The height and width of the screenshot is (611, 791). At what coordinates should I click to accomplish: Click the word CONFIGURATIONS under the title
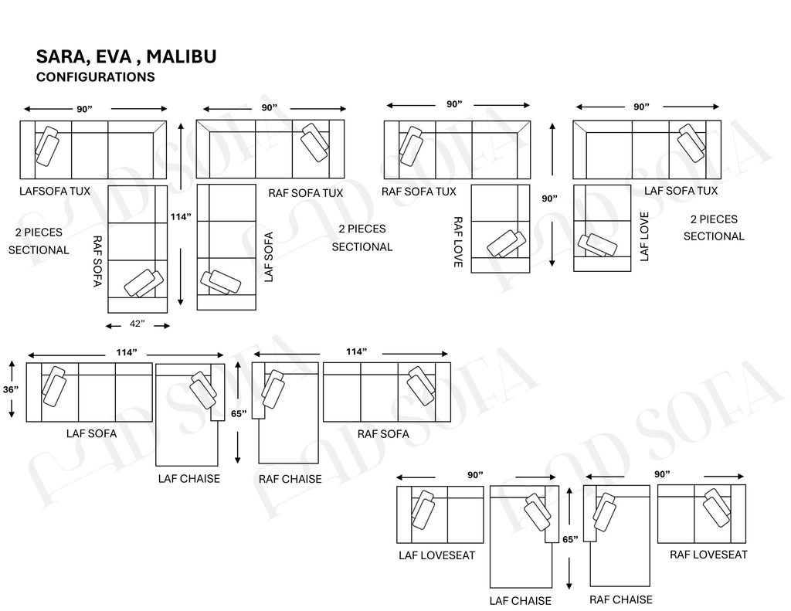95,77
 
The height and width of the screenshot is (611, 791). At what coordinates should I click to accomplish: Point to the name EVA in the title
115,56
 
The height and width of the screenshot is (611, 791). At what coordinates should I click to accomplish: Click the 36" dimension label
10,390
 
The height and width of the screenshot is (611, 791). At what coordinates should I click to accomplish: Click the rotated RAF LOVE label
457,242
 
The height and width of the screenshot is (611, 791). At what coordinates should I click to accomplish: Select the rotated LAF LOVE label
644,236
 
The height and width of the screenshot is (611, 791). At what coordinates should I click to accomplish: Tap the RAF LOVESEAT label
708,554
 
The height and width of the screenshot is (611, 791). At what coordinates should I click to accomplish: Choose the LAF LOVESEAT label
436,555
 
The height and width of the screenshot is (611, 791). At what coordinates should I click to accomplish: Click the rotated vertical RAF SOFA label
97,262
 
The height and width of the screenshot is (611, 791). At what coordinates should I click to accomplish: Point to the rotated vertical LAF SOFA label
269,257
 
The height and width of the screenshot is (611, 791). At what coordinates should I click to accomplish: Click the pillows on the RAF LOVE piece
508,243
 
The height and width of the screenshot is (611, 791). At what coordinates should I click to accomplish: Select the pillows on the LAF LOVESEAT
423,510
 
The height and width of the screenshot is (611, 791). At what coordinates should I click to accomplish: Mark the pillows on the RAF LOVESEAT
718,507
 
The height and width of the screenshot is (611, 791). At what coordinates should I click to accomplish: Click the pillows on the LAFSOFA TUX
47,145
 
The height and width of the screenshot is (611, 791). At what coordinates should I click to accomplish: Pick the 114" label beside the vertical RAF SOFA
181,217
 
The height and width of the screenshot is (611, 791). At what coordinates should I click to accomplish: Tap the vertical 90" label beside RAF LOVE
549,199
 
